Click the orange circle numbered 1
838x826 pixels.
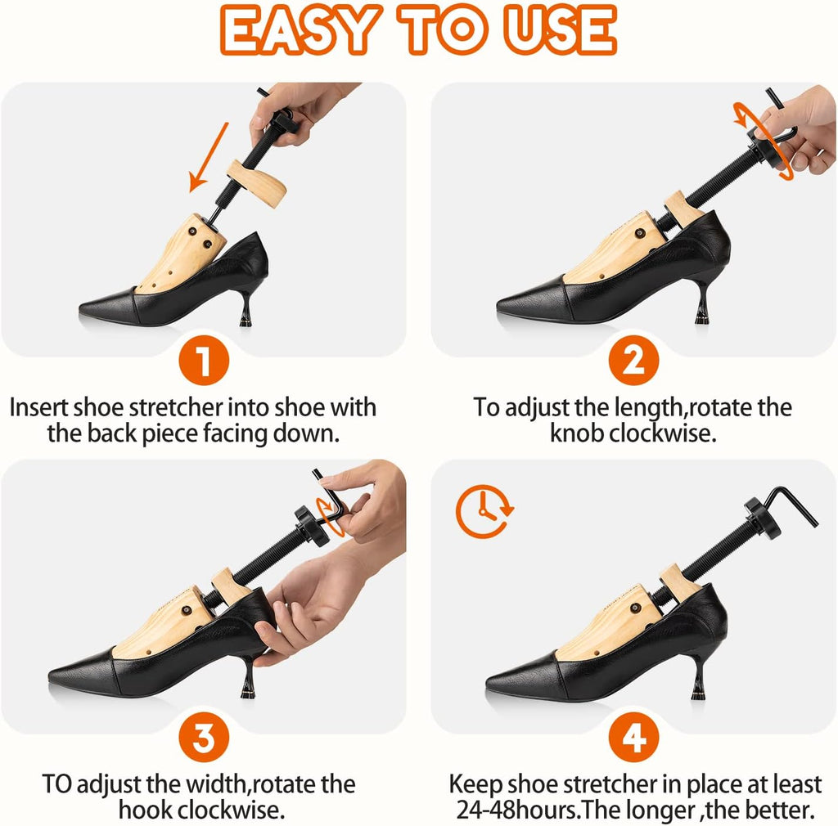[x=204, y=361]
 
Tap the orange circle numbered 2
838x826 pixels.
[x=633, y=361]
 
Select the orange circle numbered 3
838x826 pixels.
[x=204, y=738]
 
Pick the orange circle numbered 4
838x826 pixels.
[x=633, y=738]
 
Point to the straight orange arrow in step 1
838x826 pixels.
[x=209, y=157]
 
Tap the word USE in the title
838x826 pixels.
[x=561, y=30]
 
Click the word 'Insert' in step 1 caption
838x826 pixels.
[x=39, y=407]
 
